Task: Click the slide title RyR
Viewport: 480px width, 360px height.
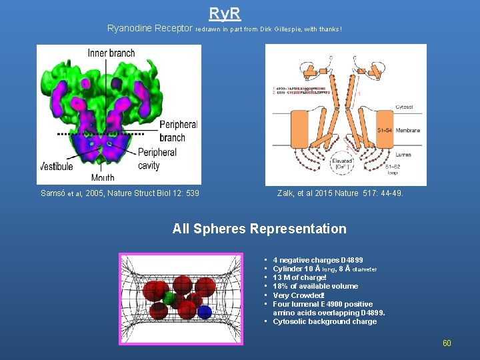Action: pos(225,13)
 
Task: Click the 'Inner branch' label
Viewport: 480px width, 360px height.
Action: pos(111,53)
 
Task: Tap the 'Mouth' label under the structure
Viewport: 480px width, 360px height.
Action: pos(102,177)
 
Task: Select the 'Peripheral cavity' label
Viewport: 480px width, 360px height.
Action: pos(157,159)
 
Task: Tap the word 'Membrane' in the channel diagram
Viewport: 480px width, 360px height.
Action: pos(407,131)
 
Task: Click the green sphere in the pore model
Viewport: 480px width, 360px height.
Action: pos(170,297)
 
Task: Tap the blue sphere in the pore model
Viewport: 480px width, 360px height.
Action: pos(205,312)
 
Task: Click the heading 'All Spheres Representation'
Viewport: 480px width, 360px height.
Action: pos(259,229)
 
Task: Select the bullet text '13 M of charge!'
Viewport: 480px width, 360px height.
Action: pos(299,277)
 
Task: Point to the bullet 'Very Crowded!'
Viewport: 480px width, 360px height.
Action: pos(299,295)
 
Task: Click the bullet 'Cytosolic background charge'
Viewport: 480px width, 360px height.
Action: pos(325,321)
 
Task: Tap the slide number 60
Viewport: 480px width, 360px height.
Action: pos(447,343)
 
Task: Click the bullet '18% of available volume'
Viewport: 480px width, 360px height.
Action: pos(315,286)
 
